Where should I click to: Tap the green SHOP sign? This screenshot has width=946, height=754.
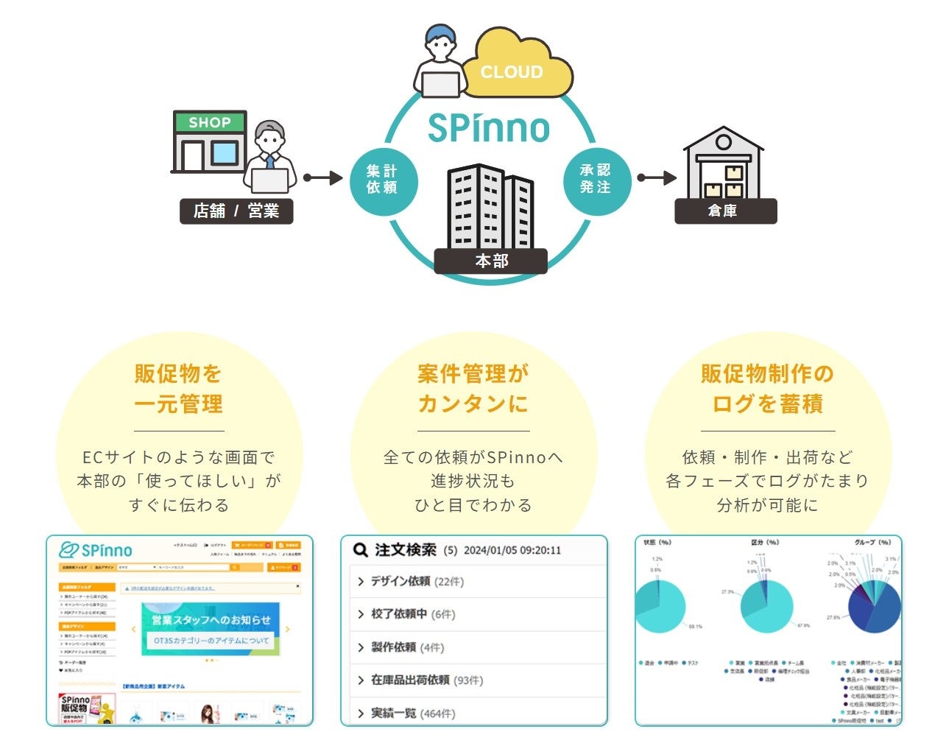tap(210, 122)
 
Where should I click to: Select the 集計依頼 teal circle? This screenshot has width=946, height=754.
tap(382, 180)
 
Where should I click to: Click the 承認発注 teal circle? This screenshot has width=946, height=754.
tap(596, 179)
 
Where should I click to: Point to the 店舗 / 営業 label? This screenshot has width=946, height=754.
tap(236, 211)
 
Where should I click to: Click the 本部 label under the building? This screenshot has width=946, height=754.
tap(491, 261)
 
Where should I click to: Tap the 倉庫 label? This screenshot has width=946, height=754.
tap(725, 211)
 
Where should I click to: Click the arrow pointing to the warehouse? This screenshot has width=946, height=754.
tap(657, 177)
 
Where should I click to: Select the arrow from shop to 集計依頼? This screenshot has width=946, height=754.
tap(323, 177)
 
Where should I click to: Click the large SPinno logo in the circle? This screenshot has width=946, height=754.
tap(489, 127)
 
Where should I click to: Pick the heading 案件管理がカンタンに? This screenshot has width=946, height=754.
tap(473, 389)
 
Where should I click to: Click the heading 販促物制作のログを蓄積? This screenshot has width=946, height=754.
tap(767, 389)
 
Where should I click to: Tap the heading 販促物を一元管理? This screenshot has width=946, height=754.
tap(179, 389)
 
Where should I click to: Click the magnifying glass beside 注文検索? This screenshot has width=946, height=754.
tap(360, 550)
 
